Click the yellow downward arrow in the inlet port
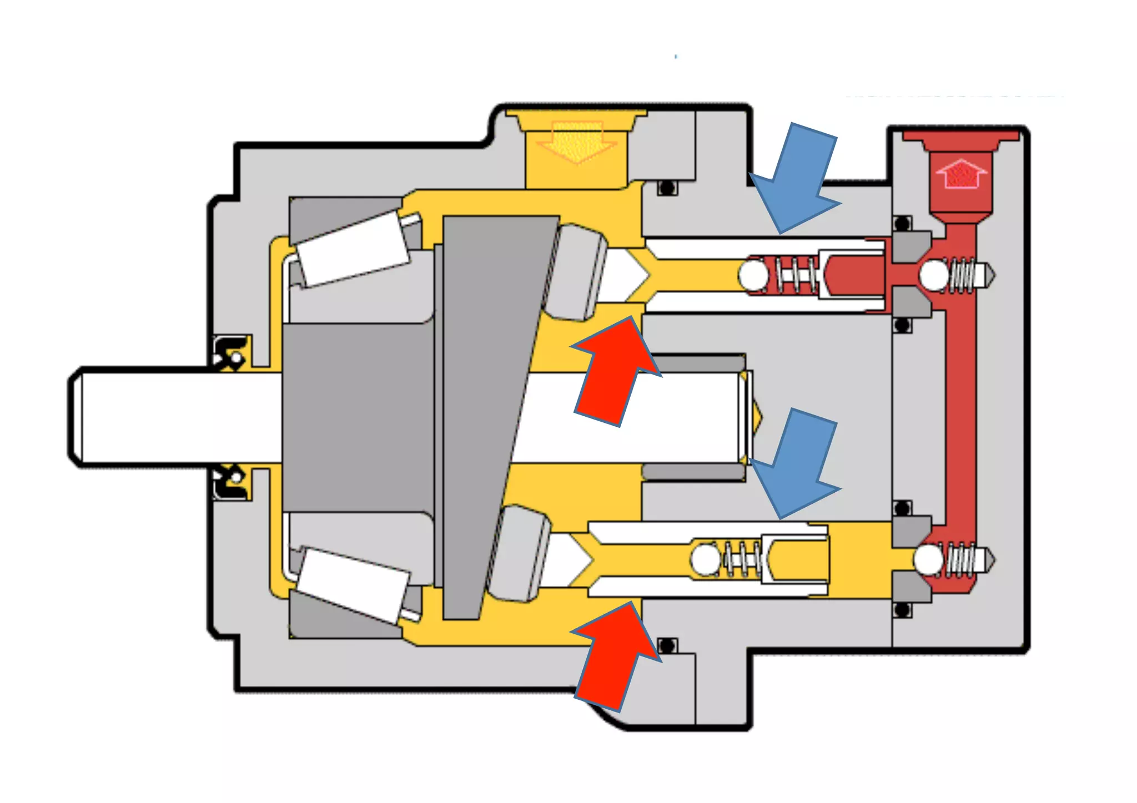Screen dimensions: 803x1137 pyautogui.click(x=577, y=142)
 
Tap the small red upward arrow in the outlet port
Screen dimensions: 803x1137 pyautogui.click(x=961, y=174)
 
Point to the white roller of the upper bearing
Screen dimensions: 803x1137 pyautogui.click(x=352, y=248)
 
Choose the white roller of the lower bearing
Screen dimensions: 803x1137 pyautogui.click(x=352, y=585)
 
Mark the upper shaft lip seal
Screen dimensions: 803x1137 pyautogui.click(x=232, y=352)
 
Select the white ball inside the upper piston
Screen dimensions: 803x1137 pyautogui.click(x=753, y=275)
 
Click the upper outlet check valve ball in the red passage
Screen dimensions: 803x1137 pyautogui.click(x=934, y=275)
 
